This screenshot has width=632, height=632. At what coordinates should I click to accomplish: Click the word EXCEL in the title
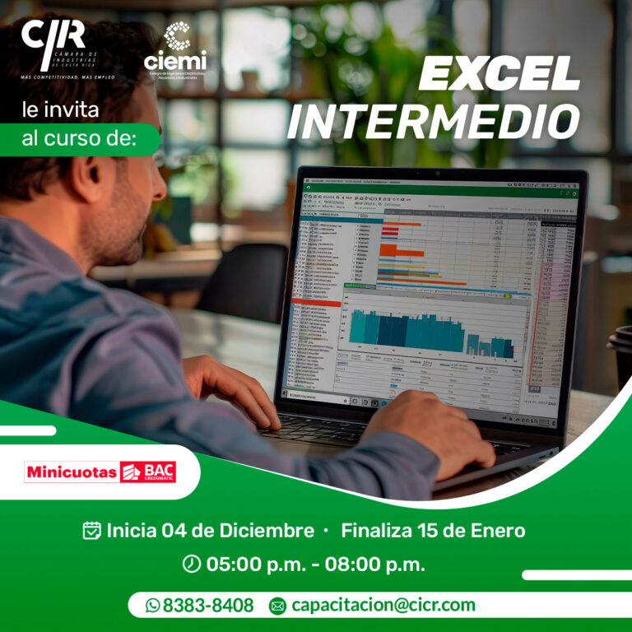tap(499, 77)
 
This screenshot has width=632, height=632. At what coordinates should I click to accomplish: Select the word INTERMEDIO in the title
tap(434, 122)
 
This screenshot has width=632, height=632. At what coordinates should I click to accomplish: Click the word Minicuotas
tap(72, 472)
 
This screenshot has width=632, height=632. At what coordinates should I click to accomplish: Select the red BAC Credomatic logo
tap(148, 472)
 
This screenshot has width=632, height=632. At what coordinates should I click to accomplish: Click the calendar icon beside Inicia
tap(92, 530)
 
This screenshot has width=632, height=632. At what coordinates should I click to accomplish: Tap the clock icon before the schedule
tap(191, 564)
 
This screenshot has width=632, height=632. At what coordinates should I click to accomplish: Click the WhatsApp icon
tap(152, 606)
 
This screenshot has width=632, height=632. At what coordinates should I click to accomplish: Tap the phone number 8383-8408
tap(208, 606)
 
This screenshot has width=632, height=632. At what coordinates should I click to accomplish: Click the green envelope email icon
tap(277, 606)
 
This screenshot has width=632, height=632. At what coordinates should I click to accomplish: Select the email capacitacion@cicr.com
tap(383, 606)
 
